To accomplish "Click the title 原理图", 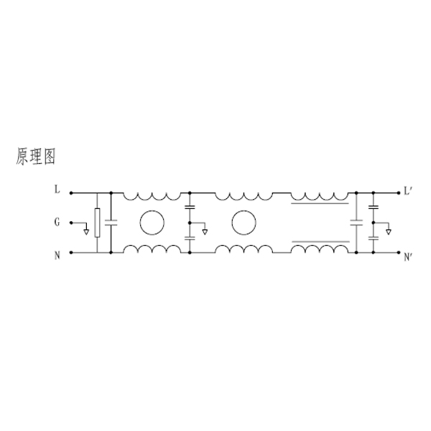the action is click(x=36, y=157).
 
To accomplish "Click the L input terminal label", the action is click(x=57, y=190).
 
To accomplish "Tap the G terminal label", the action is click(x=57, y=222).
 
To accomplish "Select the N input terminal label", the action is click(x=57, y=256).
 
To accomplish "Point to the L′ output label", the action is click(x=407, y=191).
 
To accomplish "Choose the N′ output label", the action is click(x=407, y=257).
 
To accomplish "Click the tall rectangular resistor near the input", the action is click(x=97, y=223).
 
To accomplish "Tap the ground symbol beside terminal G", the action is click(x=86, y=232).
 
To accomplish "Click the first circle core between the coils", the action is click(x=152, y=223).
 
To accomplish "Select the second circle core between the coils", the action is click(x=244, y=223).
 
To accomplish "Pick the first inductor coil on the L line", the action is click(x=152, y=197).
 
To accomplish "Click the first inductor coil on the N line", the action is click(x=152, y=249).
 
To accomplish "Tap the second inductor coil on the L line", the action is click(x=244, y=197).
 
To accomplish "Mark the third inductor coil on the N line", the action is click(x=320, y=249).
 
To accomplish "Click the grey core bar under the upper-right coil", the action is click(x=320, y=204).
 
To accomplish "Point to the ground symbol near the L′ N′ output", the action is click(x=388, y=232).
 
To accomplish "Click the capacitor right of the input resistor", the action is click(x=111, y=223).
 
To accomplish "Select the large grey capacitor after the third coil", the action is click(x=356, y=223).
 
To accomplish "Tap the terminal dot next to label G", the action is click(x=71, y=223).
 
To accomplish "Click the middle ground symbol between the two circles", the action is click(x=205, y=232).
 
